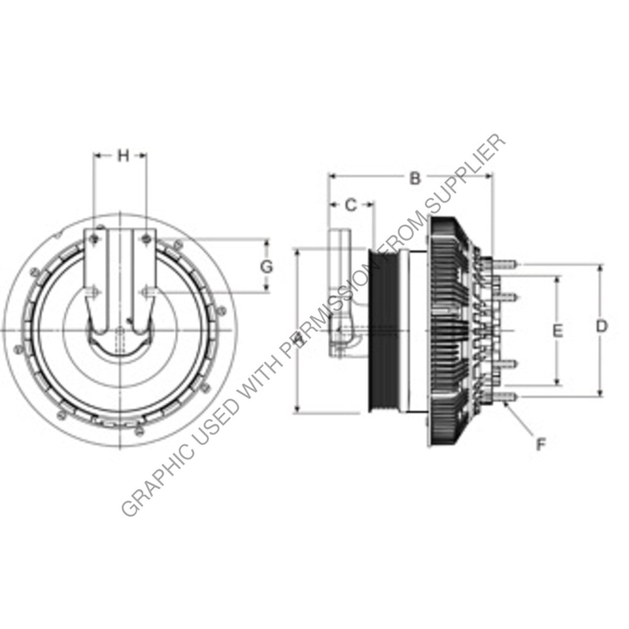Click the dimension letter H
123,155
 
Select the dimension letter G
266,267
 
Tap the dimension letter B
415,179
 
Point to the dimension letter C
350,205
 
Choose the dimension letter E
557,331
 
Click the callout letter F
541,444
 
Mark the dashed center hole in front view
120,338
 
